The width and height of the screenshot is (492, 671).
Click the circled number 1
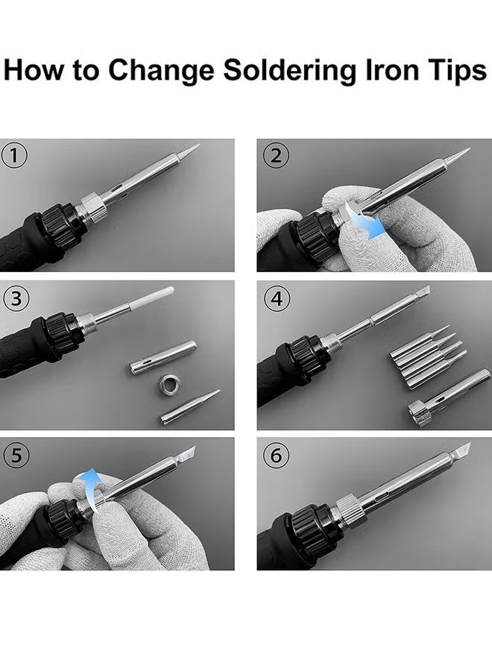[x=14, y=155]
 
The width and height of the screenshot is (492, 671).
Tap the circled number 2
[x=276, y=155]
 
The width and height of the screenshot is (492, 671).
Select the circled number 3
[x=16, y=297]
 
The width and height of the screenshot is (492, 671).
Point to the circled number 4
[x=277, y=297]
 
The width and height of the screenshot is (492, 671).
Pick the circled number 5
[x=16, y=455]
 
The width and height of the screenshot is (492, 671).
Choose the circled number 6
[x=276, y=455]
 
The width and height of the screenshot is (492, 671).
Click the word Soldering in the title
[x=289, y=71]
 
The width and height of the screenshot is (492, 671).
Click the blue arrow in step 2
[x=366, y=221]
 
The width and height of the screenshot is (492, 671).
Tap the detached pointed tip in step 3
[x=190, y=406]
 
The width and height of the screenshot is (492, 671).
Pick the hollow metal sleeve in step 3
[x=163, y=357]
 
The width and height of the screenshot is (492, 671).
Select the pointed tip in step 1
[x=189, y=151]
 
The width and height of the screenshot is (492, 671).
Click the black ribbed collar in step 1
[x=60, y=223]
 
